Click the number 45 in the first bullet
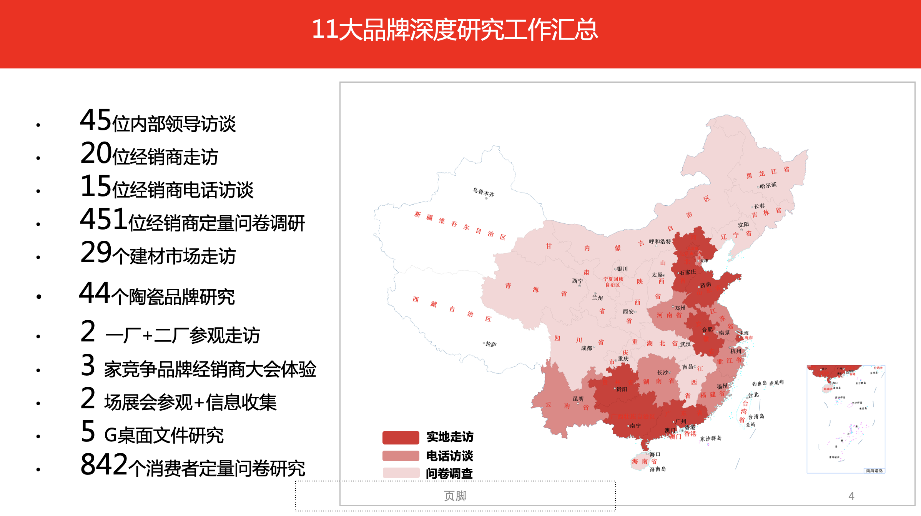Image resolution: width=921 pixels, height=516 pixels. (95, 120)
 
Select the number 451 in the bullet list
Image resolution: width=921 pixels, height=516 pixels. (103, 220)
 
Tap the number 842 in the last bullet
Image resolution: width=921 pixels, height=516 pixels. (104, 464)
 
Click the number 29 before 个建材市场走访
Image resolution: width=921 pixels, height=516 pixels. (96, 253)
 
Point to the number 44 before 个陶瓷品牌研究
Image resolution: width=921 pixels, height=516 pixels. (95, 293)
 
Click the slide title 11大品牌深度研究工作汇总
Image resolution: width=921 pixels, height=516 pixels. (455, 30)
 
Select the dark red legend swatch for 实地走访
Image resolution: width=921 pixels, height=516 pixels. (401, 438)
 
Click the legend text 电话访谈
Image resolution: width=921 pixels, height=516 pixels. (450, 456)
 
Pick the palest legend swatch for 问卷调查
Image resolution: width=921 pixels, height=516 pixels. (401, 473)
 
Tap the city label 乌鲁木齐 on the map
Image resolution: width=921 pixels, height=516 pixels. (484, 192)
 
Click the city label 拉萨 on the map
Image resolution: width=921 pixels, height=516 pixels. (491, 344)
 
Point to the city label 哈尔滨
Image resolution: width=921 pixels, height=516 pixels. (768, 185)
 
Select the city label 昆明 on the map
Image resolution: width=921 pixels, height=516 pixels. (578, 399)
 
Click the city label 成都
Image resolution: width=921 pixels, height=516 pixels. (587, 348)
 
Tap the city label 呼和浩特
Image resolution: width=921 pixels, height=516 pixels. (660, 241)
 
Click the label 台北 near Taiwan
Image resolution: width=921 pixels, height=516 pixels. (753, 395)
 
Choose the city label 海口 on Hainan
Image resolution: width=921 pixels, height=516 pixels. (655, 454)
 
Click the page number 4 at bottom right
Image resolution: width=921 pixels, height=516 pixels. (851, 496)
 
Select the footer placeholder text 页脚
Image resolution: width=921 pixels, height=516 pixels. (455, 496)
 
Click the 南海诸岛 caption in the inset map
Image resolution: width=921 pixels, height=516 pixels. (874, 471)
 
